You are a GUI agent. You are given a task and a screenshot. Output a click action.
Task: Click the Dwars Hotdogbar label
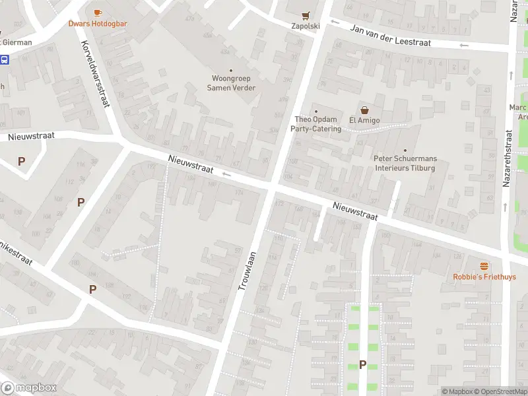[x=98, y=24]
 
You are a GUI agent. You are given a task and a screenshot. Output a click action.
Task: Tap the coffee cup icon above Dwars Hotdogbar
[x=98, y=13]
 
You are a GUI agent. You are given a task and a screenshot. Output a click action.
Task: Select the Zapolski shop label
[x=306, y=26]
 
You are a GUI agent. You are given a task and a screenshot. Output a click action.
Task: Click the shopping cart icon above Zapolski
[x=306, y=15]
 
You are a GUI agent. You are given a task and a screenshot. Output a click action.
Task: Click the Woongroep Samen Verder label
[x=231, y=83]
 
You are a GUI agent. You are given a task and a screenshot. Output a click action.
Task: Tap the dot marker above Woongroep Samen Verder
[x=231, y=70]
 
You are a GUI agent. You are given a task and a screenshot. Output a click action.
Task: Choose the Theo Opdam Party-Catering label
[x=316, y=124]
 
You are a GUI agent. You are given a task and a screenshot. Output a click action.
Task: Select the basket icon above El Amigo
[x=363, y=110]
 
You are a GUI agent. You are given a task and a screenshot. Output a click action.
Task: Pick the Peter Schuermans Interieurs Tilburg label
[x=405, y=163]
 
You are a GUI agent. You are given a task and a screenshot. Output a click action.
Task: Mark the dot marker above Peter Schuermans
[x=405, y=150]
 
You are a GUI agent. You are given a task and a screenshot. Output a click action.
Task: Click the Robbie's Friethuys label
[x=484, y=277]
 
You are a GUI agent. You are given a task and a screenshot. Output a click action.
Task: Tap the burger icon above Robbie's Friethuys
[x=484, y=265]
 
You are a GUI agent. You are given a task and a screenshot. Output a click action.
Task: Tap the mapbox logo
[x=29, y=388]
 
